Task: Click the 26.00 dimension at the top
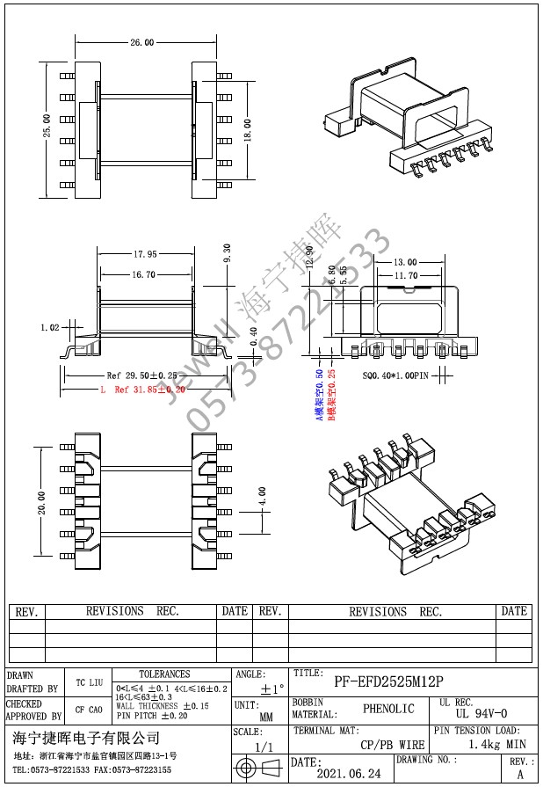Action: (x=142, y=41)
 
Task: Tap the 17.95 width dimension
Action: (x=146, y=255)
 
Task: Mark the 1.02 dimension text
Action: (x=50, y=327)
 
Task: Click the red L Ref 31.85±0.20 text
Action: (x=142, y=389)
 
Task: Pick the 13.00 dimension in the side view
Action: (x=405, y=262)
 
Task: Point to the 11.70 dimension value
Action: (x=405, y=275)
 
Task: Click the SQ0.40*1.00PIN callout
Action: (x=395, y=375)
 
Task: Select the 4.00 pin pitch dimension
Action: (x=261, y=497)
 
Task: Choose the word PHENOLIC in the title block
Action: (x=388, y=708)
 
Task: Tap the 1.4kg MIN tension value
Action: (x=496, y=744)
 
